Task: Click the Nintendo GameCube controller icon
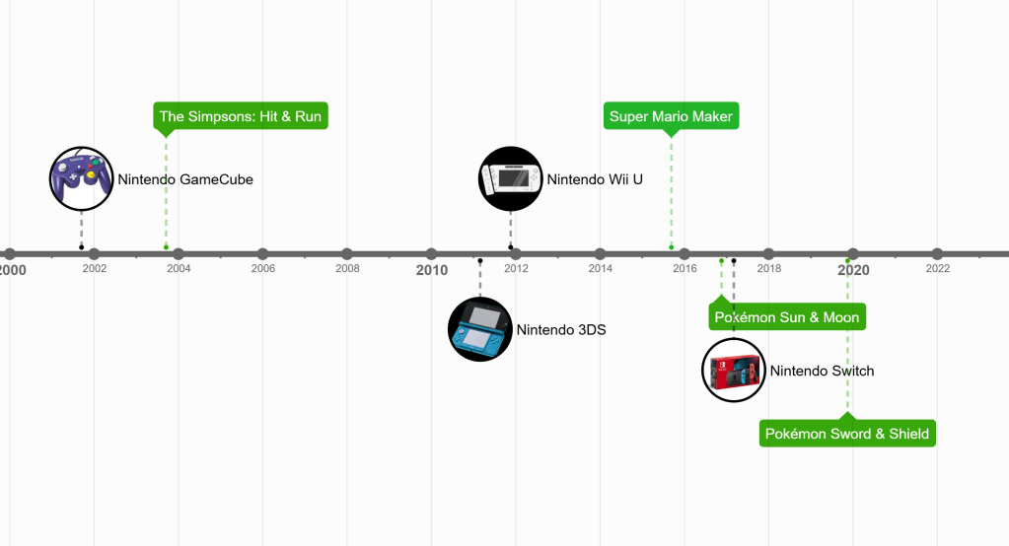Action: [81, 178]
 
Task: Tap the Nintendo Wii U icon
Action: [510, 179]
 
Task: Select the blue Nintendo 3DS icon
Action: [479, 329]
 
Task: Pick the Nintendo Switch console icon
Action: [733, 371]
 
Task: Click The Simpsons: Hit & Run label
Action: [241, 116]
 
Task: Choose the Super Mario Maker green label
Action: [671, 116]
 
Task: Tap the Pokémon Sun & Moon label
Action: [787, 317]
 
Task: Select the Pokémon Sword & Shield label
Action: [847, 434]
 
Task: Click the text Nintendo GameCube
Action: [185, 179]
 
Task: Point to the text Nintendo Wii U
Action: [595, 179]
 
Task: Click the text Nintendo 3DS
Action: [560, 329]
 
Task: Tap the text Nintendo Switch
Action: [822, 371]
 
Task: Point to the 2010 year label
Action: [431, 270]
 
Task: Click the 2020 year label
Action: [853, 270]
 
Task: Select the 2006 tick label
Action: [262, 268]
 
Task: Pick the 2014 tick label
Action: [600, 268]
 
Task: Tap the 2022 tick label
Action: [937, 268]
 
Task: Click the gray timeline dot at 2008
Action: [347, 254]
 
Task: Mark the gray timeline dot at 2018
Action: [768, 254]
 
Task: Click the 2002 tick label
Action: [95, 268]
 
